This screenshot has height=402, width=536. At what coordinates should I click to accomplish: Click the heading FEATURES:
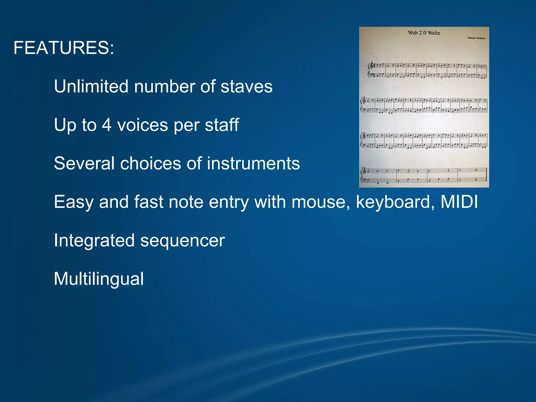coord(64,48)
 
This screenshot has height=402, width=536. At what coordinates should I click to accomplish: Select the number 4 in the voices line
coord(107,125)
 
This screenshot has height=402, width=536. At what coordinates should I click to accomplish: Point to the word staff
coord(222,125)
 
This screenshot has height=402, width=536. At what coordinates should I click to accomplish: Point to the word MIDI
coord(459,202)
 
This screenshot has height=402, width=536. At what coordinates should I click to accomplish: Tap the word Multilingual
coord(99,279)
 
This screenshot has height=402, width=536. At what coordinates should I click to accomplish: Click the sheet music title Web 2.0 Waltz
coord(424,33)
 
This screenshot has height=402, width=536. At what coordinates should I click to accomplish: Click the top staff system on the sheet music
coord(427,70)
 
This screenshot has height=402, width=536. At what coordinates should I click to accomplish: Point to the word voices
coord(143,125)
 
